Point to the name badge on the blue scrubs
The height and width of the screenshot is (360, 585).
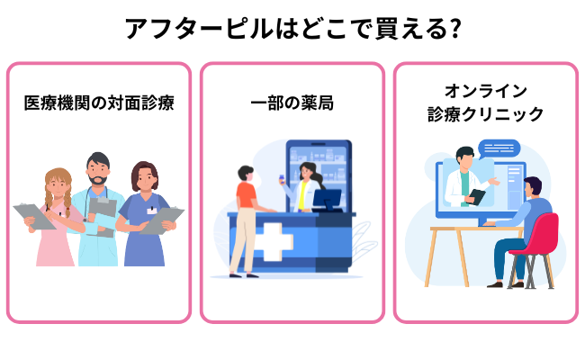pos(151,210)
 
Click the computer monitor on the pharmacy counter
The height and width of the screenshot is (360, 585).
pos(326,197)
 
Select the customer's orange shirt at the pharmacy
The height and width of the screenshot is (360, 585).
pos(246,196)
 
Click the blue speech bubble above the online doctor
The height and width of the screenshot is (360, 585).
pos(499,148)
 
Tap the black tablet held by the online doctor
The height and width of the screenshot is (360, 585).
pos(478,195)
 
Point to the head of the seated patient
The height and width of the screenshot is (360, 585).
pos(532,188)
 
